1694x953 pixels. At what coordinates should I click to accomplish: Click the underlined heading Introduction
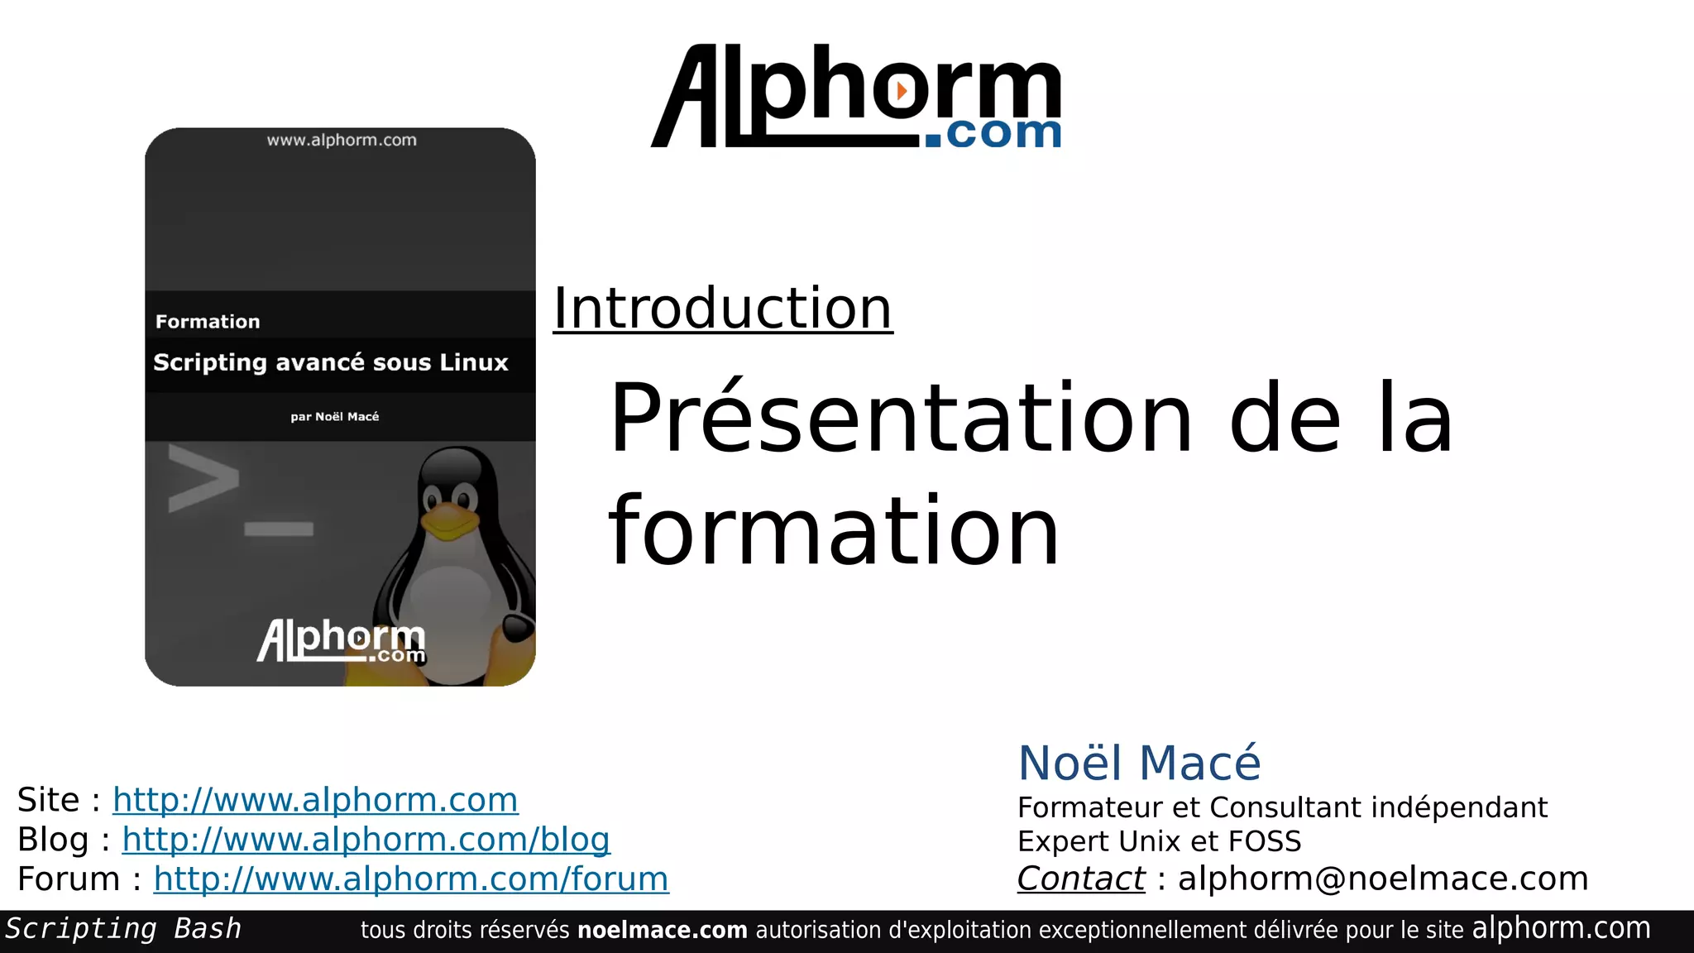click(722, 309)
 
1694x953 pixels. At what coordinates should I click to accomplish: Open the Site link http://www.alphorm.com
click(315, 800)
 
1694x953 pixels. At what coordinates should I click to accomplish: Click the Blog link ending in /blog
click(366, 840)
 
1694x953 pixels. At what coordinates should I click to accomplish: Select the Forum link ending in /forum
click(410, 879)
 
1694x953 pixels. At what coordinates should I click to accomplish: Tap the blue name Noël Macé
click(1138, 763)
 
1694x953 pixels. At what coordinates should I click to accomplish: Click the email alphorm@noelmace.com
click(1383, 879)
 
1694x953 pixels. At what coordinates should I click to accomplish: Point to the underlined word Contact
click(1080, 879)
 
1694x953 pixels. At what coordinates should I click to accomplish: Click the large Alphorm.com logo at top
click(856, 98)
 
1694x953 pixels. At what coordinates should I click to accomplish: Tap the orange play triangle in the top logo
click(902, 89)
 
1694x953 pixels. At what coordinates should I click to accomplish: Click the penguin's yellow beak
click(449, 521)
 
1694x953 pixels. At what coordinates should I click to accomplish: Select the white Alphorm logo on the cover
click(342, 641)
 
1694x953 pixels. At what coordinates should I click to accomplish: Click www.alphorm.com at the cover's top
click(342, 141)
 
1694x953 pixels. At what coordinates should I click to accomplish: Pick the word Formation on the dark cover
click(208, 322)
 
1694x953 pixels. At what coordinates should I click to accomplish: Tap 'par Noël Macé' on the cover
click(335, 417)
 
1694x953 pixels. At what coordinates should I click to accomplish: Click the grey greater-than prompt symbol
click(203, 477)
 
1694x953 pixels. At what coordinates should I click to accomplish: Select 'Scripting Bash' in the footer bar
click(123, 929)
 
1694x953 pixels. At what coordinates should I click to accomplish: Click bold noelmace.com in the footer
click(662, 930)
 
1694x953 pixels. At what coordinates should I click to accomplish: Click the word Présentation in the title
click(900, 418)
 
